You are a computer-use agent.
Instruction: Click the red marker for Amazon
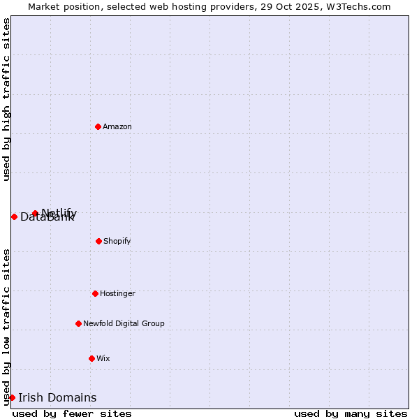[98, 126]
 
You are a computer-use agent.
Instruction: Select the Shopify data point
[98, 241]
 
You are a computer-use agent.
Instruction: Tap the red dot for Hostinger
[95, 293]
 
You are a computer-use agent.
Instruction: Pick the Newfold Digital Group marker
[78, 323]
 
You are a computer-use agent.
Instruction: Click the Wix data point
[91, 358]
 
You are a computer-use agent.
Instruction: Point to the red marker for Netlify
[35, 213]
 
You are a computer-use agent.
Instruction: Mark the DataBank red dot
[14, 216]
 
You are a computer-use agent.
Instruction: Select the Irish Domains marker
[12, 397]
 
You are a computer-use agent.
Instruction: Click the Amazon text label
[117, 126]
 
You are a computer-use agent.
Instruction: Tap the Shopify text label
[117, 241]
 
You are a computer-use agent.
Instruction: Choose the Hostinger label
[117, 293]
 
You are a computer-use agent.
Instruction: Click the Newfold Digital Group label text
[124, 323]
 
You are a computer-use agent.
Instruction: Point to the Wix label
[103, 358]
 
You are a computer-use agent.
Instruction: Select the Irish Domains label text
[57, 398]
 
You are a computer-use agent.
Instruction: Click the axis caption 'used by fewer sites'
[72, 413]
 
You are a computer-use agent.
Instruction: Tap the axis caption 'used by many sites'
[351, 413]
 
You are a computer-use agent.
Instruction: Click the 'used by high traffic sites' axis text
[6, 99]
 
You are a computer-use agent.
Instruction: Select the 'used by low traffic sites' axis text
[6, 326]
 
